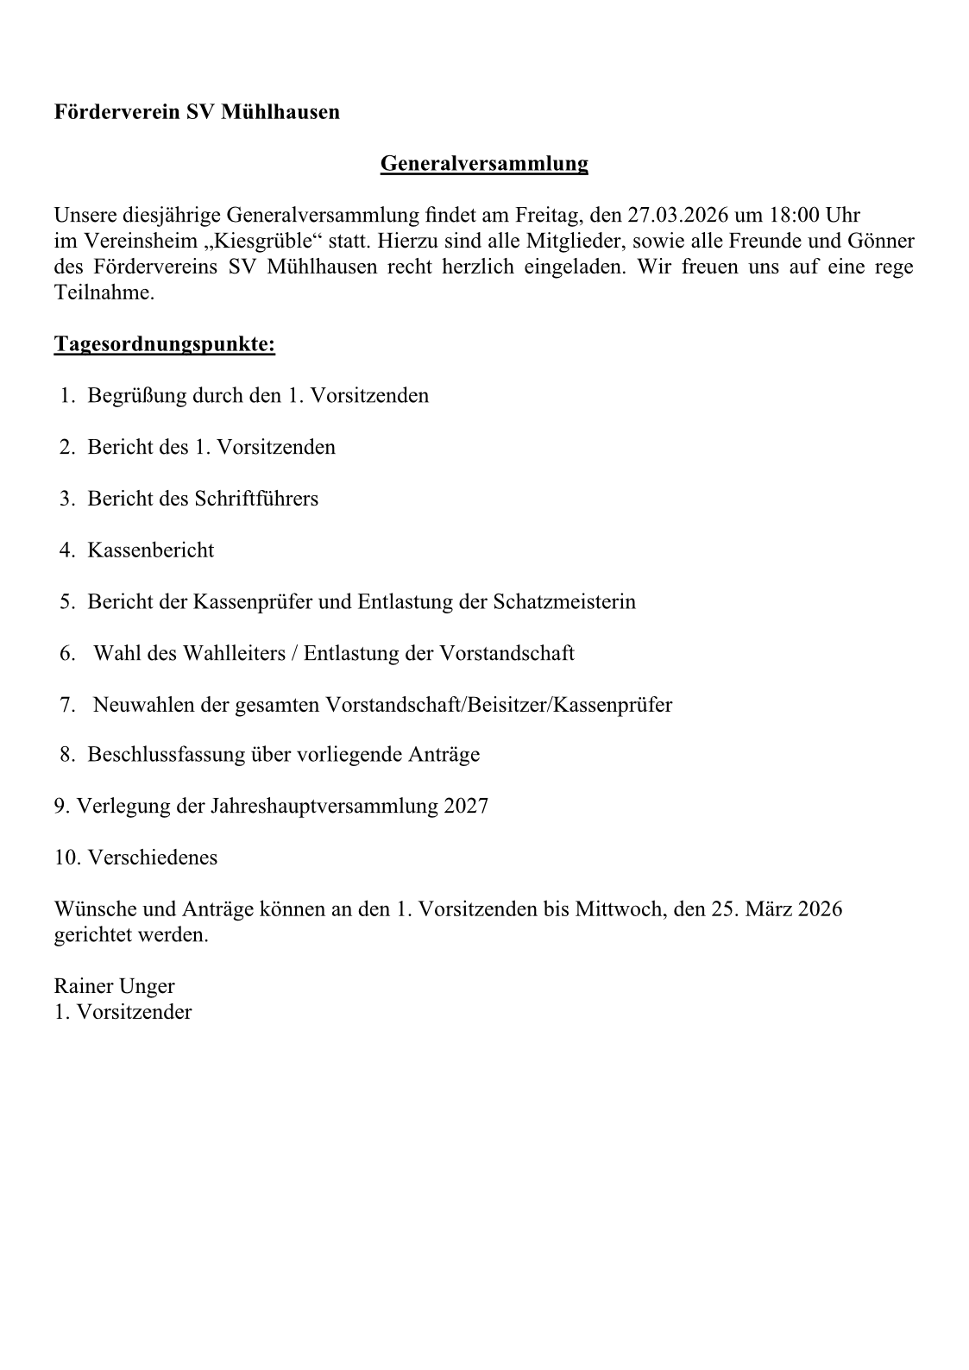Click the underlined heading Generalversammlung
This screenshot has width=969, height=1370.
[x=484, y=163]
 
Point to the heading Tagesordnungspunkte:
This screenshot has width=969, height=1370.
[x=165, y=344]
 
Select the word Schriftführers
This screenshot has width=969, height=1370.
[x=256, y=499]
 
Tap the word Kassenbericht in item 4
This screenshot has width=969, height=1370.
[x=150, y=550]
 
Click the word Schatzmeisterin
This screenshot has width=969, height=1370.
[x=564, y=601]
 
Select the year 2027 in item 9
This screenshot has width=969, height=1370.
[x=466, y=807]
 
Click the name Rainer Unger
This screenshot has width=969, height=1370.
[x=114, y=986]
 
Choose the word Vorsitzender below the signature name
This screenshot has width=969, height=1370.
[x=134, y=1012]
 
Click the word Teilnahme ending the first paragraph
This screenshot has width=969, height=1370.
[x=104, y=292]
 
